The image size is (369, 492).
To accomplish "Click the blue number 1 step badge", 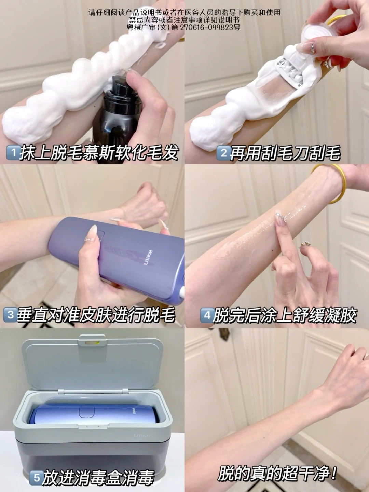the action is click(13, 152).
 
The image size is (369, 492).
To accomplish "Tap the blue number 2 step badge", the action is click(223, 153).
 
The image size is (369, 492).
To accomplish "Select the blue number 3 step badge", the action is click(10, 315).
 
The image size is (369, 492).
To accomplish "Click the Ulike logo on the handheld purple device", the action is click(148, 258).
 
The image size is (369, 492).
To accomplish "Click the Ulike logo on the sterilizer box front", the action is click(142, 435).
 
